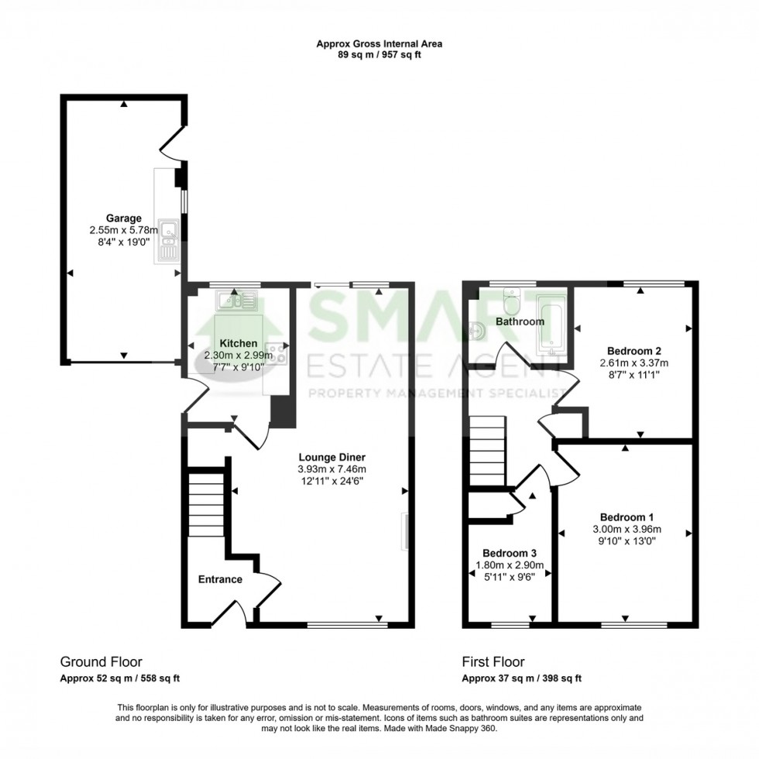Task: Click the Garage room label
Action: point(124,218)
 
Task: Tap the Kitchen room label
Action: point(239,343)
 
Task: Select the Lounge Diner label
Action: point(332,457)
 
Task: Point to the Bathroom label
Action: point(520,321)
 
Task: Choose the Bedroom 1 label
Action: point(627,517)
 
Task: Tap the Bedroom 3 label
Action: point(510,553)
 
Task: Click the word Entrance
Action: point(220,579)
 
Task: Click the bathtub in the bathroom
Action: point(551,326)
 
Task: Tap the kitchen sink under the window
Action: point(237,301)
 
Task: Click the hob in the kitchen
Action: point(276,353)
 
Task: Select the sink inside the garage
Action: point(167,241)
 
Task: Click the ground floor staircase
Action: point(206,505)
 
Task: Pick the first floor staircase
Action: point(487,452)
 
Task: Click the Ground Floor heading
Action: point(101,661)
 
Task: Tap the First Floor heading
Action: point(493,661)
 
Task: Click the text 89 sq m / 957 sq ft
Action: point(379,55)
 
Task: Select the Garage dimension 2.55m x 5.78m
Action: point(124,231)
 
